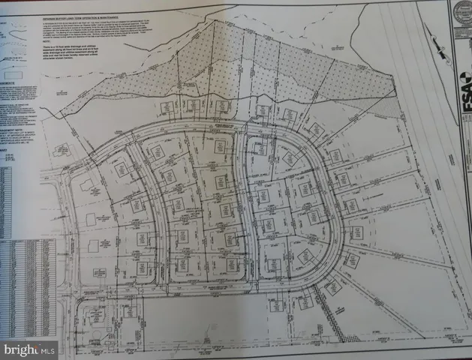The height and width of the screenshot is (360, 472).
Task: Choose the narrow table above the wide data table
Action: point(15,199)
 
